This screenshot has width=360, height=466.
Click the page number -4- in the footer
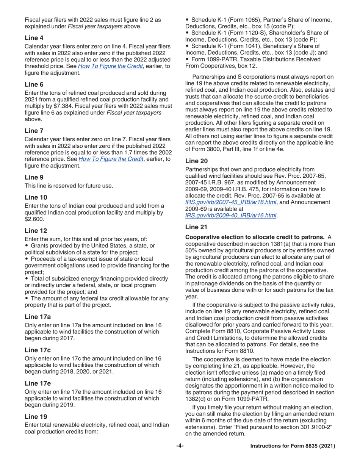180,446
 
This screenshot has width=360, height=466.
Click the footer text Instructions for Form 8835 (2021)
293,446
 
